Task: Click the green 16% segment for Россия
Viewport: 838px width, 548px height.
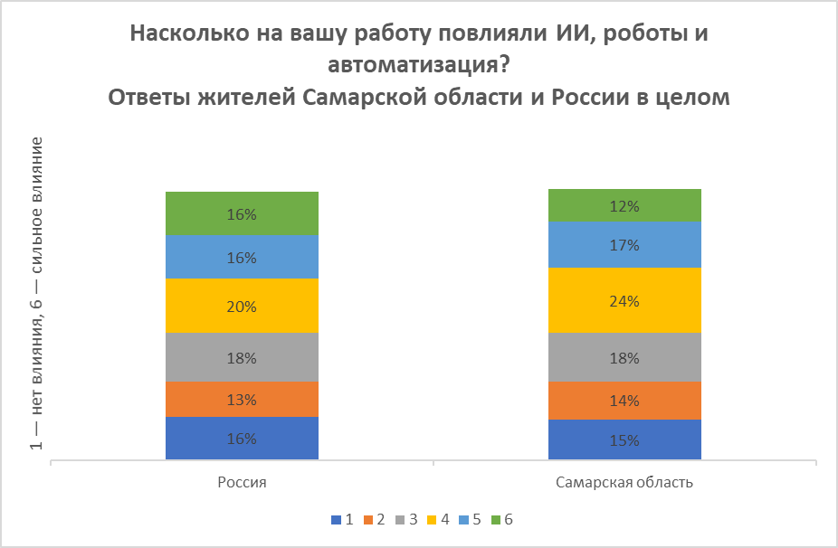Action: pos(242,213)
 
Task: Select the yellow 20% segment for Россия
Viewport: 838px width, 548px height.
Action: pos(242,306)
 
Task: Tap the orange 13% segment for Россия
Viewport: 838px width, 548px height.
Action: pos(242,399)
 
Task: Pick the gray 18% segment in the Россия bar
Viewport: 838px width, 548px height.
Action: pos(242,357)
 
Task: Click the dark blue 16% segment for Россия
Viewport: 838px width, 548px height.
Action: pos(242,439)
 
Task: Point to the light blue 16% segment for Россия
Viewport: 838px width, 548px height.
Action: pos(242,257)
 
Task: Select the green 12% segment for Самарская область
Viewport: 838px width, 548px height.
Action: pos(624,205)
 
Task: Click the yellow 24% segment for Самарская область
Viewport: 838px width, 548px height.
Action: pos(624,300)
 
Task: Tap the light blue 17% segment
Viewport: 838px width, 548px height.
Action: pos(624,244)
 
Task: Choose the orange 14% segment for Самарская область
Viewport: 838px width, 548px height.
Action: pos(624,400)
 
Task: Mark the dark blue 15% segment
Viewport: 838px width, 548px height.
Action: pos(624,440)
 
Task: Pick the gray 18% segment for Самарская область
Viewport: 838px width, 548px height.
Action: pos(624,357)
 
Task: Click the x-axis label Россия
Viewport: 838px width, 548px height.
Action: pos(242,482)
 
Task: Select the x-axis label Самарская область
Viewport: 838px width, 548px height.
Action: pos(624,482)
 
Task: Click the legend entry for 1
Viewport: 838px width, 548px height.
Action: pos(343,520)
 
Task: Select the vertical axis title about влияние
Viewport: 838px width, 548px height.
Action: pos(37,294)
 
